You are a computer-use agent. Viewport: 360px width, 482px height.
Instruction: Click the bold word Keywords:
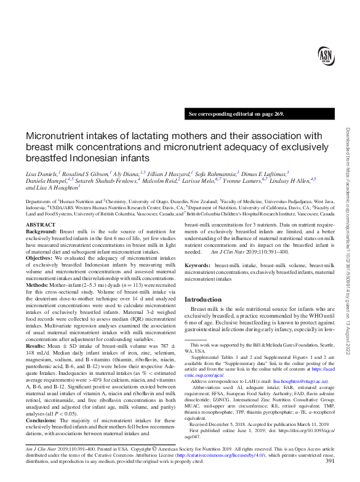click(198, 265)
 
